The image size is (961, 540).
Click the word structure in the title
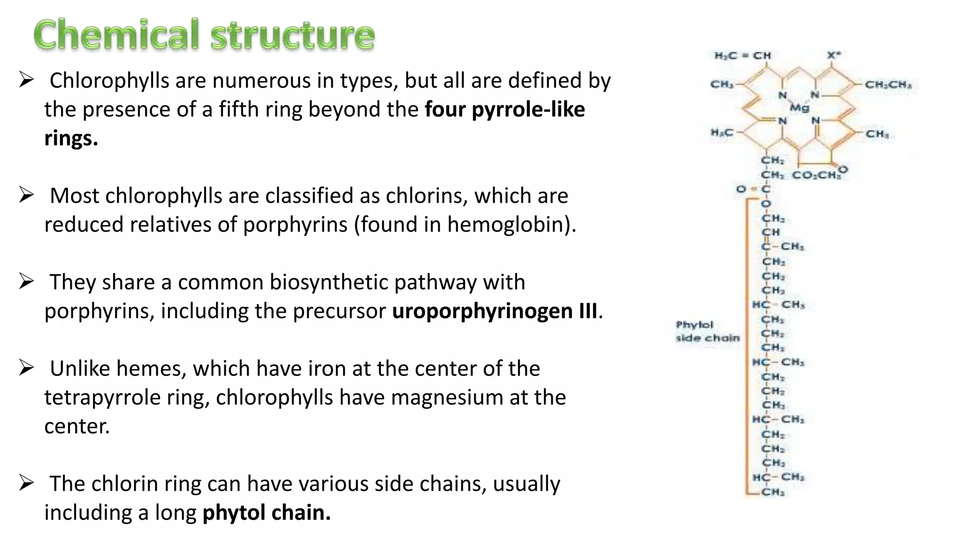click(x=293, y=36)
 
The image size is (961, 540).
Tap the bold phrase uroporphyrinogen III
click(x=495, y=311)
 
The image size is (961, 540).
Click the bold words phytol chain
click(x=267, y=513)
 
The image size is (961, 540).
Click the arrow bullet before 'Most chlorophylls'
click(x=26, y=195)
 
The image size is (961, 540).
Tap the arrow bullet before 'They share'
click(x=26, y=282)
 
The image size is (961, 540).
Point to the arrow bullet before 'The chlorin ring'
click(x=26, y=483)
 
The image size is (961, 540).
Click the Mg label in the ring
click(x=800, y=108)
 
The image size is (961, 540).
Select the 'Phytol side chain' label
click(x=708, y=331)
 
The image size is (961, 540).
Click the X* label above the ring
click(x=833, y=55)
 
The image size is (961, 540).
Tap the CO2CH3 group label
click(x=816, y=175)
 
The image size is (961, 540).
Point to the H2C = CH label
click(x=742, y=56)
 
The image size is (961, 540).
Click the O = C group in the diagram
click(x=753, y=189)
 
